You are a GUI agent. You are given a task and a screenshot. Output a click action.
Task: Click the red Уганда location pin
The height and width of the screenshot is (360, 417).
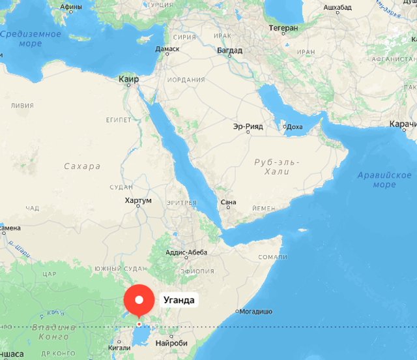pos(139,301)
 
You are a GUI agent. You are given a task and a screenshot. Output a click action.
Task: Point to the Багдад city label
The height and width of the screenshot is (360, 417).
pos(229,50)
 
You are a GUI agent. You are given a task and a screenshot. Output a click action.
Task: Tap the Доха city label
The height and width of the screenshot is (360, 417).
pos(295,127)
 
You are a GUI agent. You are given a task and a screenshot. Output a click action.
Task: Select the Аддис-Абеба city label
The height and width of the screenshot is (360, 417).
pos(187,252)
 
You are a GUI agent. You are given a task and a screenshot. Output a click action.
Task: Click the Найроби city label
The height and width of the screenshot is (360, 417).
pos(172,343)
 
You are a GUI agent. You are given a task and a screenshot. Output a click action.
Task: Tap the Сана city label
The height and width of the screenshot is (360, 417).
pos(228,202)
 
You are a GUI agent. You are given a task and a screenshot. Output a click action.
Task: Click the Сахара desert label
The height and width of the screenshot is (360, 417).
pos(82,166)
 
